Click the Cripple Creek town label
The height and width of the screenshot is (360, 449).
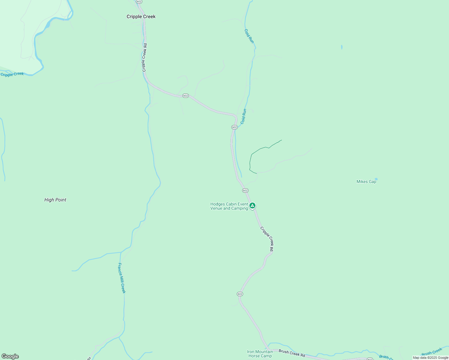[141, 16]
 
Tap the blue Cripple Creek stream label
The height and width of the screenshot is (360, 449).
[12, 74]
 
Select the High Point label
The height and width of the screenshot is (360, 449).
[55, 200]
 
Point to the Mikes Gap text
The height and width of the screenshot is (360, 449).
[366, 181]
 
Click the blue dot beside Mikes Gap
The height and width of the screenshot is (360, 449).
[376, 179]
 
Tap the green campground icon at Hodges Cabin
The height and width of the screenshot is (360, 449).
[253, 205]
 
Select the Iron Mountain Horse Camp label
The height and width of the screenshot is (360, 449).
[260, 354]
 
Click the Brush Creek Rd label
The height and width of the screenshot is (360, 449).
[292, 353]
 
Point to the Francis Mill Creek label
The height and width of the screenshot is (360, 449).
[122, 278]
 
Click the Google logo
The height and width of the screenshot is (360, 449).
[10, 356]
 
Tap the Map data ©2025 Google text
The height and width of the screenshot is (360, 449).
[430, 358]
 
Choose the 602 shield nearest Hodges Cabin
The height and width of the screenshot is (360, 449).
[245, 190]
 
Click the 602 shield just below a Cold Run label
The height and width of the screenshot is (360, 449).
[234, 127]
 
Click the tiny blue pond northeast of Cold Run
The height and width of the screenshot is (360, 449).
[342, 47]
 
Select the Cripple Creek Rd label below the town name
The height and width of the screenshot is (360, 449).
[144, 58]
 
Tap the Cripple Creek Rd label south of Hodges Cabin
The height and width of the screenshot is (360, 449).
[267, 239]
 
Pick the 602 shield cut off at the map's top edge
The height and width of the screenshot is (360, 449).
[139, 1]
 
